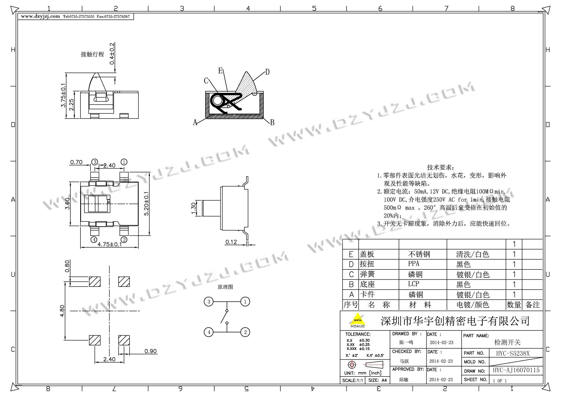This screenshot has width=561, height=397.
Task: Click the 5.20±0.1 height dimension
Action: pyautogui.click(x=147, y=204)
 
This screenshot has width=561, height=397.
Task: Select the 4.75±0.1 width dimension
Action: pyautogui.click(x=110, y=244)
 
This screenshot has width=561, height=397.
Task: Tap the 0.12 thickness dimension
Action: pyautogui.click(x=231, y=242)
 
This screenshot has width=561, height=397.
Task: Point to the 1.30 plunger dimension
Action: pyautogui.click(x=194, y=208)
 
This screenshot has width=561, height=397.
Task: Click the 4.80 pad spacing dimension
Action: pyautogui.click(x=62, y=311)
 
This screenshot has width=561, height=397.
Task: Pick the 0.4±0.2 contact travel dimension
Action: pyautogui.click(x=112, y=53)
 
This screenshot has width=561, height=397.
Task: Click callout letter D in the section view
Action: pyautogui.click(x=267, y=72)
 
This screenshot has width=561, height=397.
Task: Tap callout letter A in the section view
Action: pyautogui.click(x=195, y=122)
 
